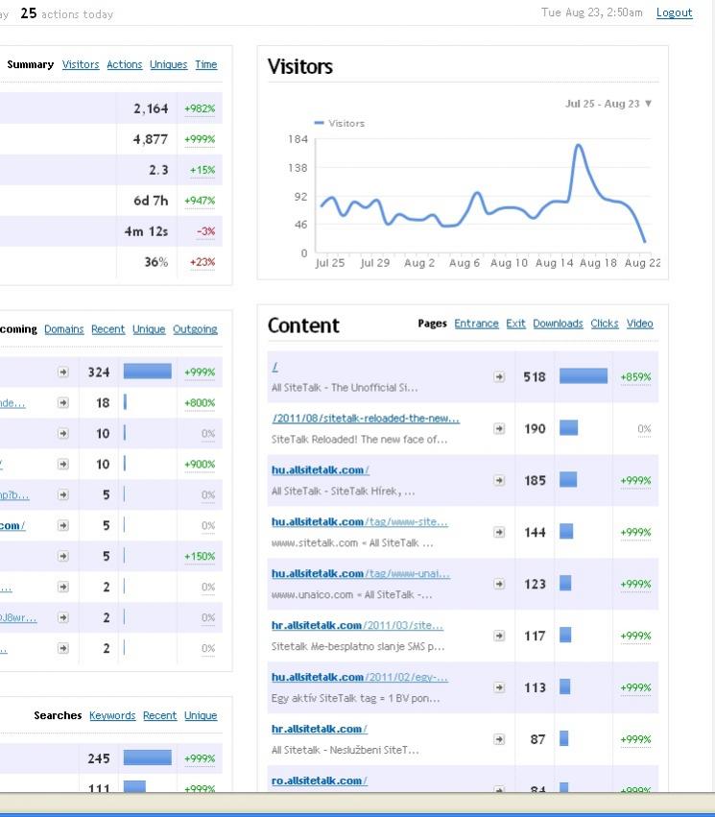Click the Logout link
click(x=674, y=12)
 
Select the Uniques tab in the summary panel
click(x=168, y=64)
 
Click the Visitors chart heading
click(x=300, y=66)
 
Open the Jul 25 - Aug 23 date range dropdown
click(x=608, y=104)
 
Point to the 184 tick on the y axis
click(x=298, y=139)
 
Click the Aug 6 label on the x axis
click(x=465, y=263)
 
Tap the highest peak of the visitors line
click(x=579, y=146)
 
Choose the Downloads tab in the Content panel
click(x=558, y=324)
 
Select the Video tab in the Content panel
click(x=639, y=324)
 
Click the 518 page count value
click(x=535, y=377)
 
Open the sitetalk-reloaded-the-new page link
click(x=366, y=419)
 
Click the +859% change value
click(x=635, y=377)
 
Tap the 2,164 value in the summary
click(x=151, y=108)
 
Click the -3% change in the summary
click(x=205, y=231)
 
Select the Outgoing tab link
click(x=195, y=329)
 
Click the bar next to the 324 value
click(x=148, y=372)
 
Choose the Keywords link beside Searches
click(x=112, y=715)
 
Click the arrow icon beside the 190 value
click(x=499, y=429)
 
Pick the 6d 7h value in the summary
click(x=151, y=201)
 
